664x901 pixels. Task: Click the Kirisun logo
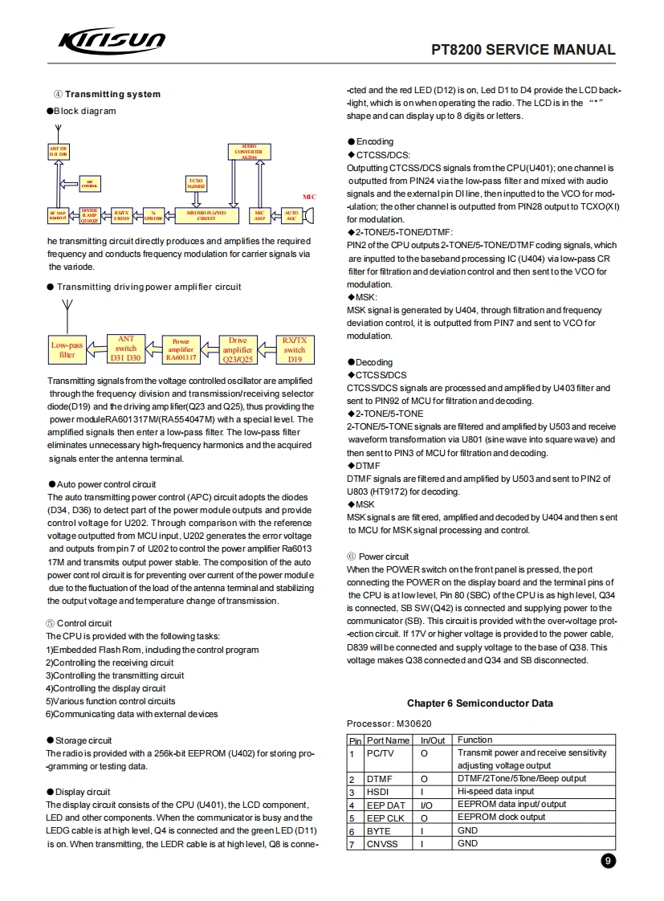[x=112, y=42]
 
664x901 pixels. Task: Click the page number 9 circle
[x=608, y=861]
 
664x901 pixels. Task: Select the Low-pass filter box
[x=67, y=350]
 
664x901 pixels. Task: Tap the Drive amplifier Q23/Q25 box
[x=238, y=350]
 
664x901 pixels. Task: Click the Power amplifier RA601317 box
[x=181, y=350]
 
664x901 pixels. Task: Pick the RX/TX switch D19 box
[x=295, y=350]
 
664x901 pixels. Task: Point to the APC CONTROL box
[x=92, y=184]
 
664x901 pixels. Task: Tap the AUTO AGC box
[x=291, y=215]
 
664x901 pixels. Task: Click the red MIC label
[x=309, y=197]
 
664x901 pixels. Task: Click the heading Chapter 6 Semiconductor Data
[x=479, y=703]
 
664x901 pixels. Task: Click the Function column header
[x=475, y=740]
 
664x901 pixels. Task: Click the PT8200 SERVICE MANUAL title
[x=523, y=50]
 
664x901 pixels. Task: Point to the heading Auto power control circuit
[x=106, y=484]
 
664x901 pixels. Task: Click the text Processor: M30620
[x=390, y=724]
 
